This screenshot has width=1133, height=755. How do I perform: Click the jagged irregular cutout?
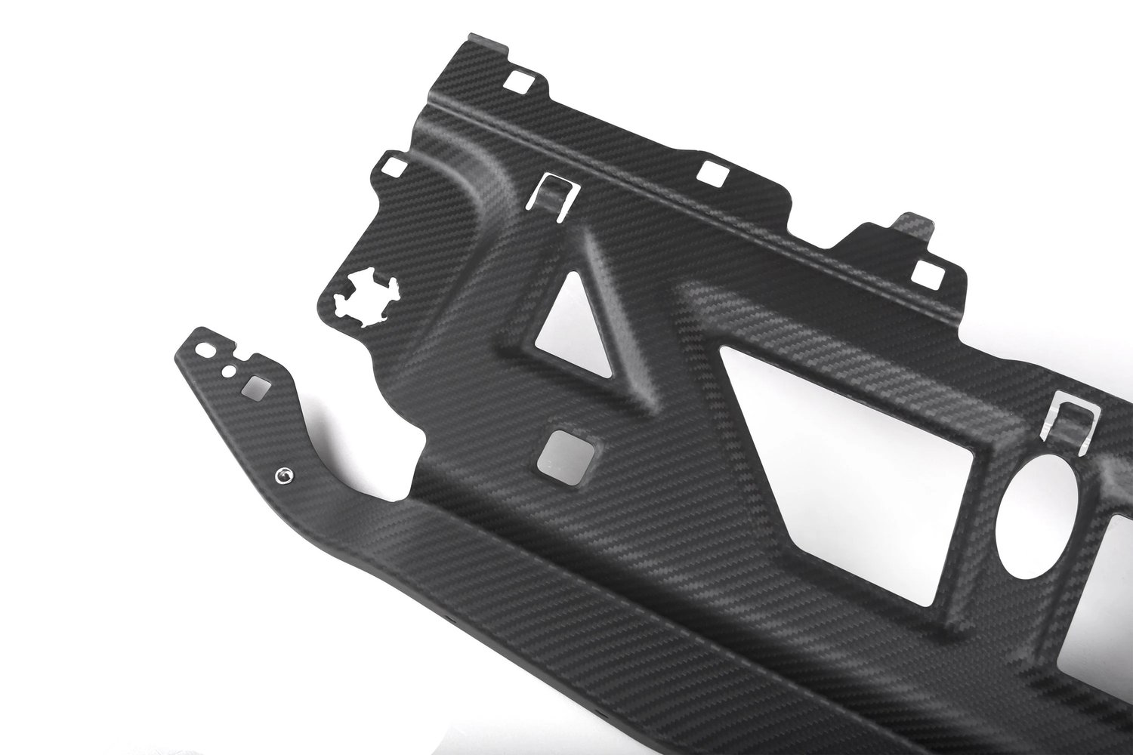pos(362,297)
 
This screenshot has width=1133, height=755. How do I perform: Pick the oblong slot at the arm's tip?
pos(204,350)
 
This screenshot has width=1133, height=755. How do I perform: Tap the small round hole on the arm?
pos(226,371)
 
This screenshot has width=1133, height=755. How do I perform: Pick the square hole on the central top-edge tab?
pos(711,174)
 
